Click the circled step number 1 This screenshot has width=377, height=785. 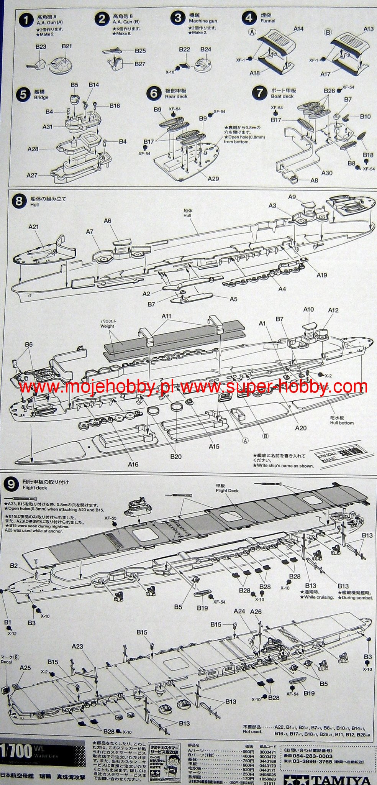[26, 20]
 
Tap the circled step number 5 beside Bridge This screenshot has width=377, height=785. [24, 94]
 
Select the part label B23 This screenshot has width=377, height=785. [41, 47]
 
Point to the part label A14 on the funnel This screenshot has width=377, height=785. [298, 29]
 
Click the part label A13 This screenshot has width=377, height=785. [368, 29]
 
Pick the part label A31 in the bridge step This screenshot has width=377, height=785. [48, 126]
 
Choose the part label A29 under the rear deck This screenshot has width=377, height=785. [213, 178]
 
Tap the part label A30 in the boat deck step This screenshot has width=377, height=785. [326, 173]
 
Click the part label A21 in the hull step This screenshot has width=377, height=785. [34, 227]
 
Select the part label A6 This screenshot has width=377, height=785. [107, 221]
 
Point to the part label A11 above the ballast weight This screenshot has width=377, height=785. [166, 316]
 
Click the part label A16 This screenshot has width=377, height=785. [133, 465]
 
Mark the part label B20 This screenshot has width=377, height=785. [176, 457]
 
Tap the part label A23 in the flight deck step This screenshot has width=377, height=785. [77, 646]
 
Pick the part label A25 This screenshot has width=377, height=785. [25, 668]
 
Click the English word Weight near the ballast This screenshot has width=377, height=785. [107, 326]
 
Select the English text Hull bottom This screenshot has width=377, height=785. [342, 423]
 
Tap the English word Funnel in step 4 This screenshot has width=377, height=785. [268, 21]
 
